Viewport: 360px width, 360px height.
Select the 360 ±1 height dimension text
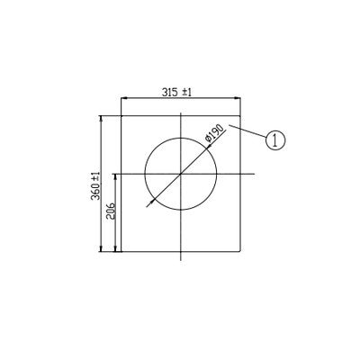click(x=95, y=184)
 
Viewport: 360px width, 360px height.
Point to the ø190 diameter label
click(x=214, y=134)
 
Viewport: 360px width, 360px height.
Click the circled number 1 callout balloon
click(x=276, y=139)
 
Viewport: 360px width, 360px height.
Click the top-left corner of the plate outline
click(x=121, y=114)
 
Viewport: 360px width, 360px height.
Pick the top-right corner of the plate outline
click(x=243, y=114)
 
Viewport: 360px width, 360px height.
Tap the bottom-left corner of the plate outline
click(x=121, y=253)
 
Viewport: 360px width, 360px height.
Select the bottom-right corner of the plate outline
click(x=243, y=253)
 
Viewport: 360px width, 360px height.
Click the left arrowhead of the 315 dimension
click(x=124, y=99)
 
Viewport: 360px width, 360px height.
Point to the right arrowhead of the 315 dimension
click(x=240, y=99)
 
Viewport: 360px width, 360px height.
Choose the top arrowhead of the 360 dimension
click(x=102, y=117)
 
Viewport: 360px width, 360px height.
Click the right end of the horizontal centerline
click(x=256, y=173)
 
